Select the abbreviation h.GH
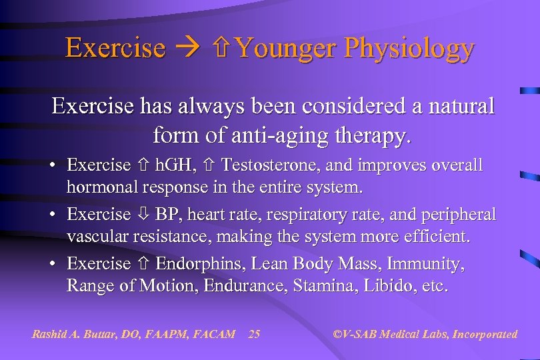(x=171, y=165)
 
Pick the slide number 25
(x=254, y=334)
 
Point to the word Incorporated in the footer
(x=485, y=334)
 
